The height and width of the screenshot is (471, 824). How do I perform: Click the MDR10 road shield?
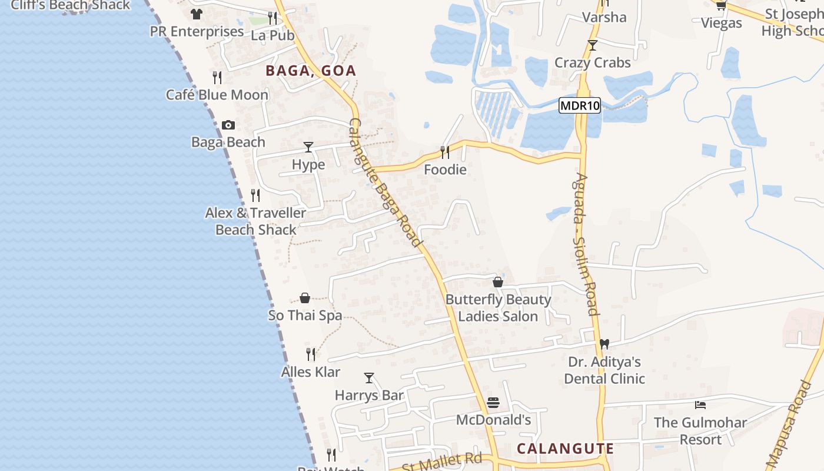click(580, 106)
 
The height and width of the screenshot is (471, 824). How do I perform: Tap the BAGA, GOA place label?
click(311, 71)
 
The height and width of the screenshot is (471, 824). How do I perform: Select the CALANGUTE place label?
click(565, 449)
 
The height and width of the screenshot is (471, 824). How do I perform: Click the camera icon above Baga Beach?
click(228, 125)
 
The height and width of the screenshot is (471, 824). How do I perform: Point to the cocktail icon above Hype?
click(308, 147)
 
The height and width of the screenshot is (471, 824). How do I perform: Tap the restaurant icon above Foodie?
click(445, 152)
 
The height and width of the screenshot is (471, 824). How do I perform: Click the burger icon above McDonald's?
click(493, 403)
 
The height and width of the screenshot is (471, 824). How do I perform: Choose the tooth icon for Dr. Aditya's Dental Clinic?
click(604, 344)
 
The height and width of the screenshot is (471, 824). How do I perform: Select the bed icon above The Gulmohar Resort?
click(700, 405)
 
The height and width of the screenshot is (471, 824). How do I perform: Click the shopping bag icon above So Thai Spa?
click(305, 298)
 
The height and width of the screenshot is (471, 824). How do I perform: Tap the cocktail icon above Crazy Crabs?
click(593, 45)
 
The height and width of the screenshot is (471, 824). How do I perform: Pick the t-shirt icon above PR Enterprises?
click(197, 14)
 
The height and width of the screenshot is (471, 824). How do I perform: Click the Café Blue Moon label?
click(217, 95)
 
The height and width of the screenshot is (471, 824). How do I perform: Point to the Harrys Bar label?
click(369, 395)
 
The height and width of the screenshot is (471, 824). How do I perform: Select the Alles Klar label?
click(311, 372)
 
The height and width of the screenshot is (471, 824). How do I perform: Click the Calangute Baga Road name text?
click(386, 183)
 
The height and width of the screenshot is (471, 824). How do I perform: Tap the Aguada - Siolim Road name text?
click(587, 244)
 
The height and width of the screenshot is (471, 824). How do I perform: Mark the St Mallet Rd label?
click(442, 462)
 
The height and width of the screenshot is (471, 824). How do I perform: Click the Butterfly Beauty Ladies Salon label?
click(498, 308)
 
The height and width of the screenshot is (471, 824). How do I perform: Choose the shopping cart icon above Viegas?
click(721, 5)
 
